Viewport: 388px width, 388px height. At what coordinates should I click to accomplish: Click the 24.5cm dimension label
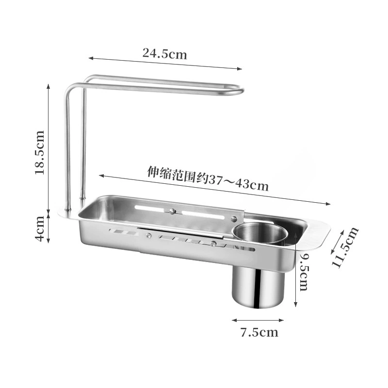[165, 53]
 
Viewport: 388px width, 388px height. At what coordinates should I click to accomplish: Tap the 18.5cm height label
[40, 152]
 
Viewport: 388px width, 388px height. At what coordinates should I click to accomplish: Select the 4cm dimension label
[40, 228]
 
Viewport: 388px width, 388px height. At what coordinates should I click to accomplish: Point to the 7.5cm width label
[259, 332]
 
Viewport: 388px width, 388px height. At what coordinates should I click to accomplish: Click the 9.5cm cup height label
[304, 272]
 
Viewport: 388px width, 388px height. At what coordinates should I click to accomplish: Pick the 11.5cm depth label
[346, 247]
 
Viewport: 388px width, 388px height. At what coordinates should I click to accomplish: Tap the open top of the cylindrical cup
[260, 233]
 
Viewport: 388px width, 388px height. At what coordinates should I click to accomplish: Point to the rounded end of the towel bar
[241, 91]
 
